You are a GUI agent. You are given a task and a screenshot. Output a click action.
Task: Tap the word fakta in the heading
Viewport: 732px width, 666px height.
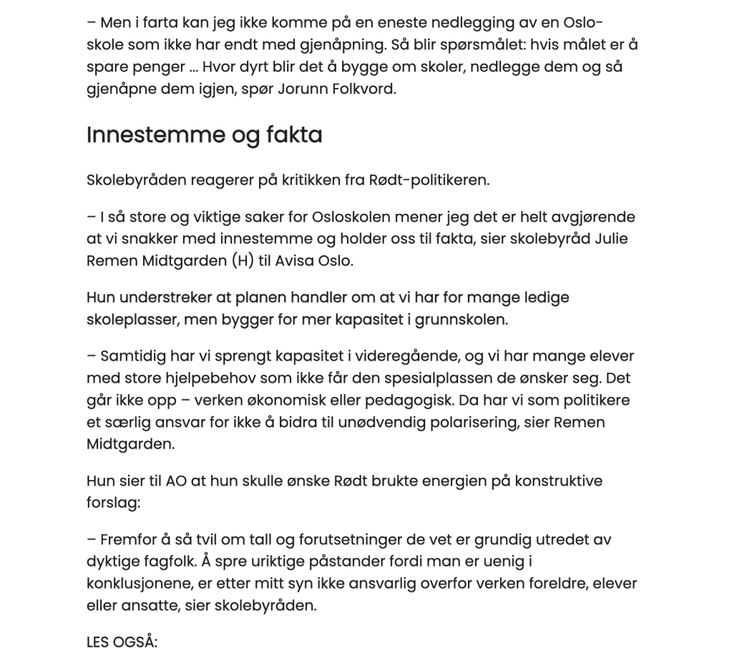[x=290, y=135]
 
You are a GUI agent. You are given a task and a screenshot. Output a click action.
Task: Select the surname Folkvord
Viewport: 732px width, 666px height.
[x=363, y=91]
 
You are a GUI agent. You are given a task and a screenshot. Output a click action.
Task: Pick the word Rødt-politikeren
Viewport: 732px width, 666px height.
[x=433, y=180]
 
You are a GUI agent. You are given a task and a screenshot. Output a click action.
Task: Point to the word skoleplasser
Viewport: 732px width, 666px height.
[x=131, y=320]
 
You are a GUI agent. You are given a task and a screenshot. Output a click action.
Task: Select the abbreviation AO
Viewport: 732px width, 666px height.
[x=175, y=481]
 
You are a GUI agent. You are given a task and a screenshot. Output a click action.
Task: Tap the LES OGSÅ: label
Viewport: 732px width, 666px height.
[x=122, y=642]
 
